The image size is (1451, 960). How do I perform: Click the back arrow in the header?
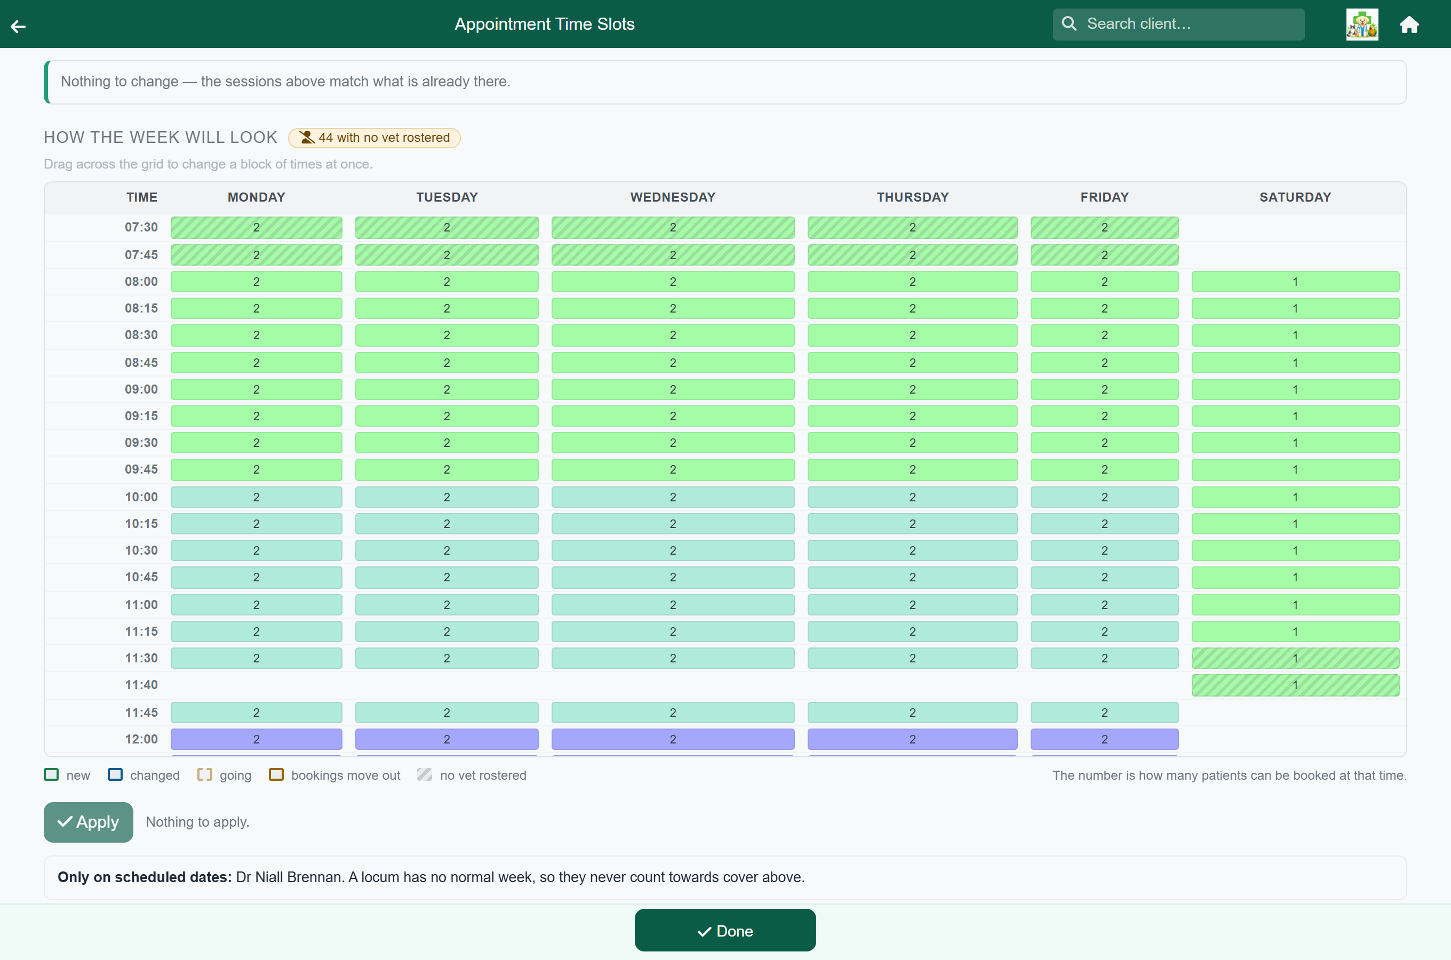(18, 26)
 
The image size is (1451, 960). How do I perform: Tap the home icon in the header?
(1409, 25)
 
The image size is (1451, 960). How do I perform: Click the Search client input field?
(1178, 24)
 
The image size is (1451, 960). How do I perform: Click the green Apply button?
(88, 822)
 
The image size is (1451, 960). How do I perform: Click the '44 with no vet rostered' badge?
(374, 138)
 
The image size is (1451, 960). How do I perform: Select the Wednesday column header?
(673, 197)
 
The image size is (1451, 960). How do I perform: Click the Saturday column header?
(1295, 197)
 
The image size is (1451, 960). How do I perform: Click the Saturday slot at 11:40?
(1295, 685)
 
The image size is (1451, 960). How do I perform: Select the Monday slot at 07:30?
(256, 228)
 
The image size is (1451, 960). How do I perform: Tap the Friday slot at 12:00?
(1104, 739)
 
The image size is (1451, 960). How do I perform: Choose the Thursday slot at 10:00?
(912, 497)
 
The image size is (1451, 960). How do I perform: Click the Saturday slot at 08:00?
(1295, 282)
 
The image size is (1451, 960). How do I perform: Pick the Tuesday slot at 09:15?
(447, 417)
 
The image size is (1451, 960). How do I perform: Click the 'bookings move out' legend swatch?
(276, 774)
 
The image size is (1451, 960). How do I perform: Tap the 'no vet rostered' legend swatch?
(424, 774)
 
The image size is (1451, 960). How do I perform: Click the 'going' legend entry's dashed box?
(204, 774)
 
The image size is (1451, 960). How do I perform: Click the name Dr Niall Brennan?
(289, 877)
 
